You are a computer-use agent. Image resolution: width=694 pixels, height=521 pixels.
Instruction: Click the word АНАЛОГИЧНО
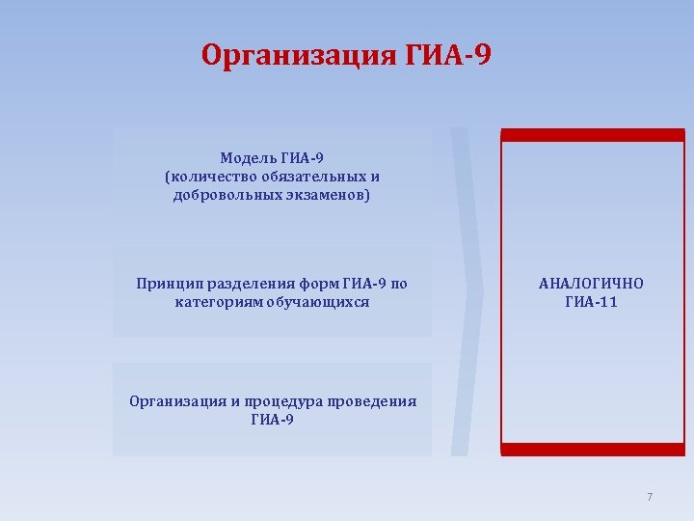tap(591, 284)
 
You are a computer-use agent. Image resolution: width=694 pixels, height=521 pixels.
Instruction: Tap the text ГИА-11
tap(591, 302)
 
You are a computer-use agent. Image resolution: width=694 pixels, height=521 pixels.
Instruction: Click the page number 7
tap(650, 497)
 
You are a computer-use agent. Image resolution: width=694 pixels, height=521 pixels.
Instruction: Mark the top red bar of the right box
tap(592, 135)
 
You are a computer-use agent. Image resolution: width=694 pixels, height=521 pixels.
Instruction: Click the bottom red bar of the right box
tap(592, 450)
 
